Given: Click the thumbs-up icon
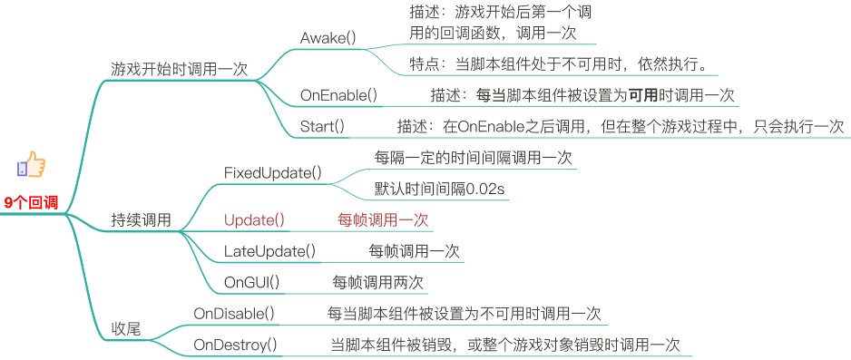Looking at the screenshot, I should point(31,165).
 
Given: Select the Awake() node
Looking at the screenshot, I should point(328,39).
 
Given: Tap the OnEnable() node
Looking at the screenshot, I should point(338,95).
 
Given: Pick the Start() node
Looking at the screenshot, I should point(322,126).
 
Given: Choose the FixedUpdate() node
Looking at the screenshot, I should point(272,172).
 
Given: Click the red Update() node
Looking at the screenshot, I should point(254,219).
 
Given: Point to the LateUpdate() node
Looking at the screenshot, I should point(269,251).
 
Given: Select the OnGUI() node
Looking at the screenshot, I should point(251,282).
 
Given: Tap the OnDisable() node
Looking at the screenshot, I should point(234,314).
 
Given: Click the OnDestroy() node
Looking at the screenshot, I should point(235,345).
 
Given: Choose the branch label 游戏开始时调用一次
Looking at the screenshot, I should point(179,69).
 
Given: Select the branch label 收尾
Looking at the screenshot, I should point(126,329).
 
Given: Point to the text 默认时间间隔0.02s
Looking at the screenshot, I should point(439,189).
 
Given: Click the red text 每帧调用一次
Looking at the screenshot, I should point(383,219).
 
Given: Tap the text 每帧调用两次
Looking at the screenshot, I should point(378,282).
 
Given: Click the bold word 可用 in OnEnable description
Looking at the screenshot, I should point(642,95).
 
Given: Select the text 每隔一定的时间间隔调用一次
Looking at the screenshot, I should point(474,157).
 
